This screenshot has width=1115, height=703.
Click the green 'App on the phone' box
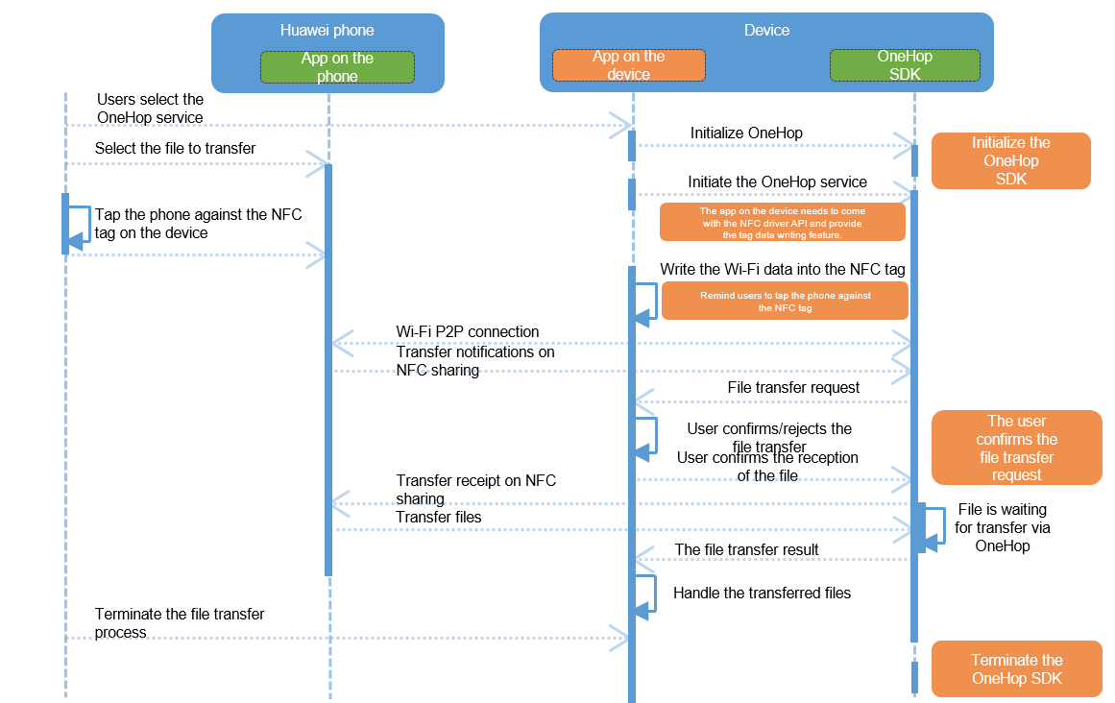[337, 67]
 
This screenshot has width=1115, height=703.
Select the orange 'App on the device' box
[629, 65]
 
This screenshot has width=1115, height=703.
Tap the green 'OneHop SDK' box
[905, 65]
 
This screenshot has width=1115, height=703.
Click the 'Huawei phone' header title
[327, 30]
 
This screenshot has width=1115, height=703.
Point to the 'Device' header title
[766, 30]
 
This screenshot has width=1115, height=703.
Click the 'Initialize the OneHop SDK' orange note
[1010, 160]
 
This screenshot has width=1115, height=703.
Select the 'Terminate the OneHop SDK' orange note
[1016, 668]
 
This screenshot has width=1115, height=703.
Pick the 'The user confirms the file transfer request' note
[1016, 448]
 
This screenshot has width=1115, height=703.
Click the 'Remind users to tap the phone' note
[785, 302]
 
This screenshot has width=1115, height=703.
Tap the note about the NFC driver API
[782, 223]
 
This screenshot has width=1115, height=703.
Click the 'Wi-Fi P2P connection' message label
[468, 331]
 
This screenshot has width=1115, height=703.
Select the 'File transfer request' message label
[793, 387]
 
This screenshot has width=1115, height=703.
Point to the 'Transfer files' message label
[439, 517]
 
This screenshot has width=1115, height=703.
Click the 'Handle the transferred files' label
[762, 593]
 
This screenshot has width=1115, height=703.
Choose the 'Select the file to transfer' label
[175, 148]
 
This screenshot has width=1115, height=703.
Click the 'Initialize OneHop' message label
[746, 133]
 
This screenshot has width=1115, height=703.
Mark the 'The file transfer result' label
[746, 549]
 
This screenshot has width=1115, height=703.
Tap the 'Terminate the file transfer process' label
[180, 622]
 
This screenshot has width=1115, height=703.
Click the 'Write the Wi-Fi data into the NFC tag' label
[782, 269]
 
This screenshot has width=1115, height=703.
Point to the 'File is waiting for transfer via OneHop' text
[1003, 527]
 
